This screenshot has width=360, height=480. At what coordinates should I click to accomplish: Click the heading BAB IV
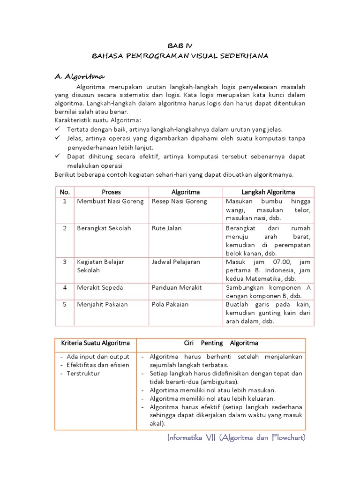pos(180,46)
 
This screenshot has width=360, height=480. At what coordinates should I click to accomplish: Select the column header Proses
pos(111,192)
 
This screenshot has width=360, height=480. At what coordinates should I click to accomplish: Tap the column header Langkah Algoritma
pos(268,192)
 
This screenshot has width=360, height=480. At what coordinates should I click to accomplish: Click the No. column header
pos(65,192)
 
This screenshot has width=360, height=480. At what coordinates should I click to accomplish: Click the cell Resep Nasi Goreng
pos(180,201)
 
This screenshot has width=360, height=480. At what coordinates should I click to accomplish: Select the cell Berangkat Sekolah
pos(104,228)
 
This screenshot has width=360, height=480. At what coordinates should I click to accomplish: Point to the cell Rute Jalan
pos(166,228)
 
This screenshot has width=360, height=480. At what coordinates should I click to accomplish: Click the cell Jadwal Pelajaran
pos(176,262)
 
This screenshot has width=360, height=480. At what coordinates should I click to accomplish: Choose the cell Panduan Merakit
pos(177,287)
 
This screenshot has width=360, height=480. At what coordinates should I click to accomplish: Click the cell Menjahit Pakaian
pos(102,304)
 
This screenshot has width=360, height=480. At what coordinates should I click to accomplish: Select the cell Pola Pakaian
pos(170,304)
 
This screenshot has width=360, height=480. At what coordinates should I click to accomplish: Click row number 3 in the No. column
pos(65,262)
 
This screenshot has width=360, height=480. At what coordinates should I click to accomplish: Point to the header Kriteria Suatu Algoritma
pos(96,343)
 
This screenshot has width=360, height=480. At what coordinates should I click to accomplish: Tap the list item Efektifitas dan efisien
pos(97,365)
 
